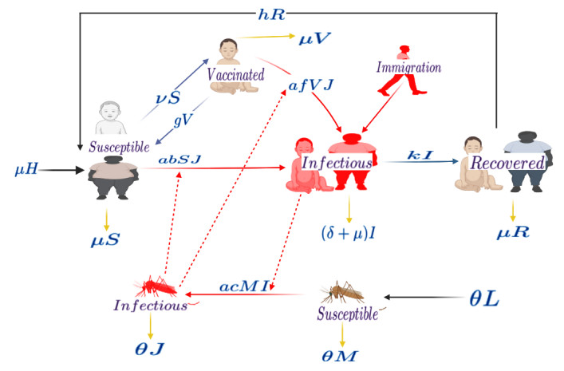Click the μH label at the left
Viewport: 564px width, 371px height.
[x=28, y=169]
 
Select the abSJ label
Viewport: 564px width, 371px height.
[x=179, y=160]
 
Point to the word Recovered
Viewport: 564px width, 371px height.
[x=507, y=163]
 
